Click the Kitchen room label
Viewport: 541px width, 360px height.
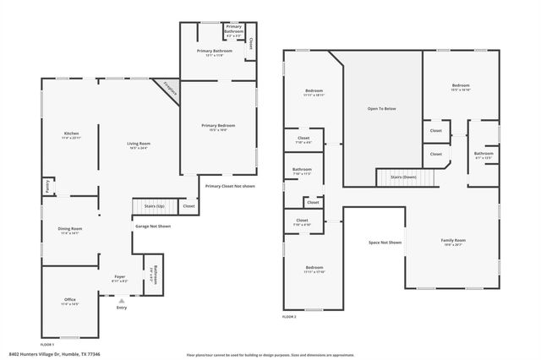(72, 134)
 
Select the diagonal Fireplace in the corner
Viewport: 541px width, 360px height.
(168, 90)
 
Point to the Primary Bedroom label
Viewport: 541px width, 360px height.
(218, 126)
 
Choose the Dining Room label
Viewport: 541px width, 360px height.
(70, 229)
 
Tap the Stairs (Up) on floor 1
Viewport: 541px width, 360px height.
(154, 205)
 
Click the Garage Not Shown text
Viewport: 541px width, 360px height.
(153, 226)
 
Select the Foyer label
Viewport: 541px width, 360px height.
(120, 276)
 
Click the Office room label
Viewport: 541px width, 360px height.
(70, 300)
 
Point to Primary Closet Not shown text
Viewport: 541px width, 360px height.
(229, 186)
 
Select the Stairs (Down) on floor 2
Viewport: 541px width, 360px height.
(408, 177)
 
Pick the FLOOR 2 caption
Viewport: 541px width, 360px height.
(289, 317)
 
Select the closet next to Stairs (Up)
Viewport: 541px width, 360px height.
(189, 205)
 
